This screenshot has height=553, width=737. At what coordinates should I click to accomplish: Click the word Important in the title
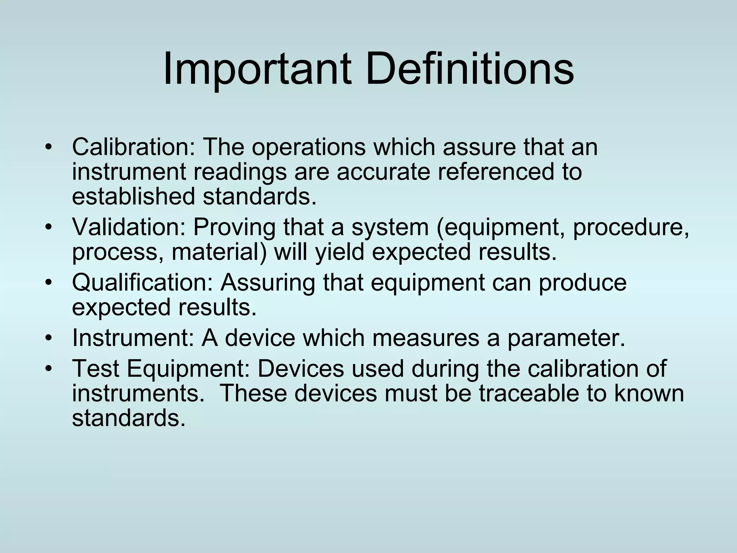[x=257, y=69]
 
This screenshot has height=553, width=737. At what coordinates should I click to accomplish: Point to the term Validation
[x=129, y=227]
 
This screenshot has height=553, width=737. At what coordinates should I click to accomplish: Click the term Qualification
[x=143, y=283]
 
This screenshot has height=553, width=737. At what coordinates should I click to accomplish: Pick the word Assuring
[x=268, y=284]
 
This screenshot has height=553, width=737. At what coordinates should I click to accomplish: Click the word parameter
[x=566, y=339]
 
